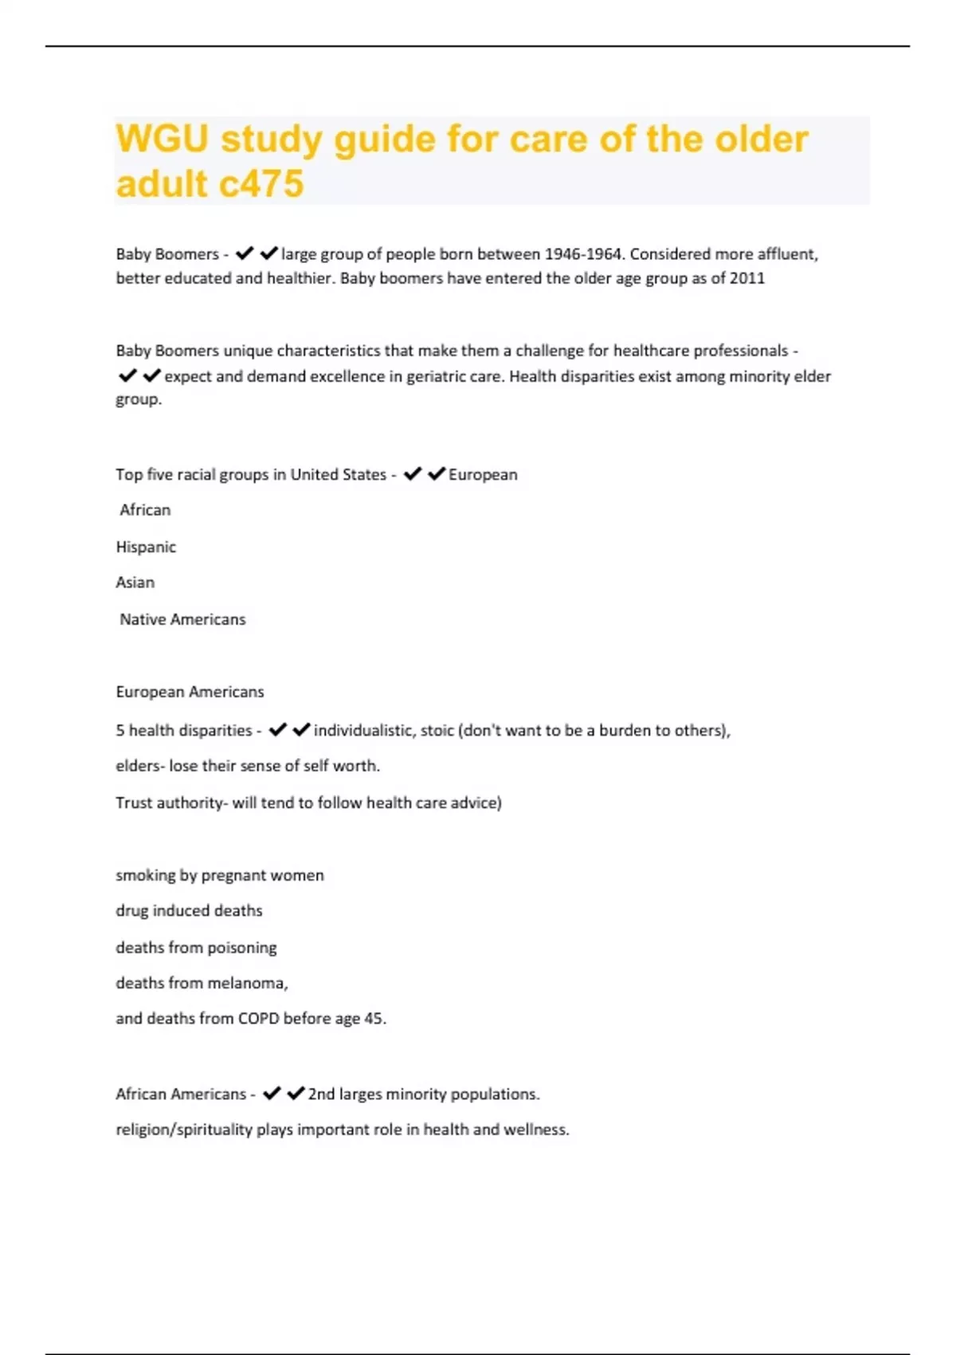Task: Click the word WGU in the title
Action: [162, 139]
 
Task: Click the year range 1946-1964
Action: [582, 254]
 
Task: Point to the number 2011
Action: [747, 278]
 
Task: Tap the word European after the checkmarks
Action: [483, 475]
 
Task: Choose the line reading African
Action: [145, 510]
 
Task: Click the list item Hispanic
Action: [146, 547]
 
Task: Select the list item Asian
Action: [135, 583]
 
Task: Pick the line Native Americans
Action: [182, 619]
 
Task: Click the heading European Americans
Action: [190, 692]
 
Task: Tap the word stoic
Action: [437, 730]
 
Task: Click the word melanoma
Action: [245, 983]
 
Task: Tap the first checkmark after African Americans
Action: [272, 1094]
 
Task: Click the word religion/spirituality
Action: [184, 1129]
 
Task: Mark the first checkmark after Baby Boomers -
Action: [245, 253]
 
